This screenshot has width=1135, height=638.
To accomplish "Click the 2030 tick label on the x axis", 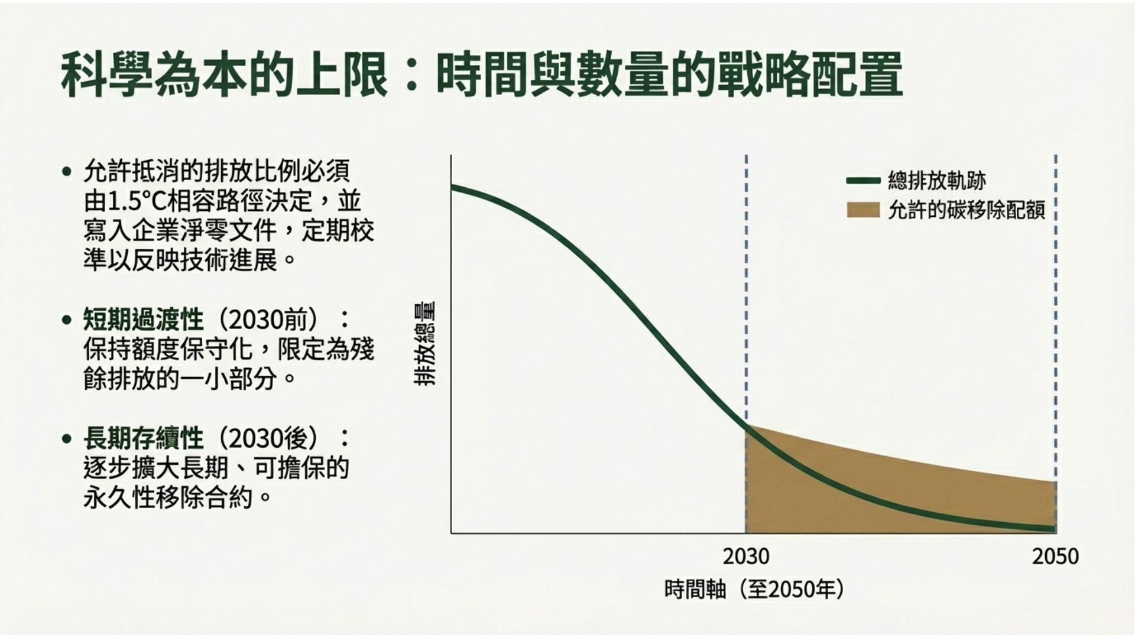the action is [746, 556].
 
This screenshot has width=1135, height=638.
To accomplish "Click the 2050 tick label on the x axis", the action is [1055, 556].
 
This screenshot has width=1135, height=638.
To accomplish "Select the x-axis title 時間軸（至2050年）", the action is [754, 590].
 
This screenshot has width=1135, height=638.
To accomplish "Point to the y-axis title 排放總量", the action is [424, 344].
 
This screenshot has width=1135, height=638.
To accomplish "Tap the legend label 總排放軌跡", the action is [937, 181].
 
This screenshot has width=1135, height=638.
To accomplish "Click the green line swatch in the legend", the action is [863, 181].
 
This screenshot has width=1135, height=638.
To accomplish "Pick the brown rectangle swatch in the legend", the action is [863, 210].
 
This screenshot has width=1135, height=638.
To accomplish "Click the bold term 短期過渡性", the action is [143, 320].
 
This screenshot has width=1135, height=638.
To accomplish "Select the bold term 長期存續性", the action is [143, 438].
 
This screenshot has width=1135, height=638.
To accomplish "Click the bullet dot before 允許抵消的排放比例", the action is [66, 172].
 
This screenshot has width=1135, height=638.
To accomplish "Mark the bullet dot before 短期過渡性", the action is [66, 320].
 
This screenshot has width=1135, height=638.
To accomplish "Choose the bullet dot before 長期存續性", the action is [66, 439].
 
